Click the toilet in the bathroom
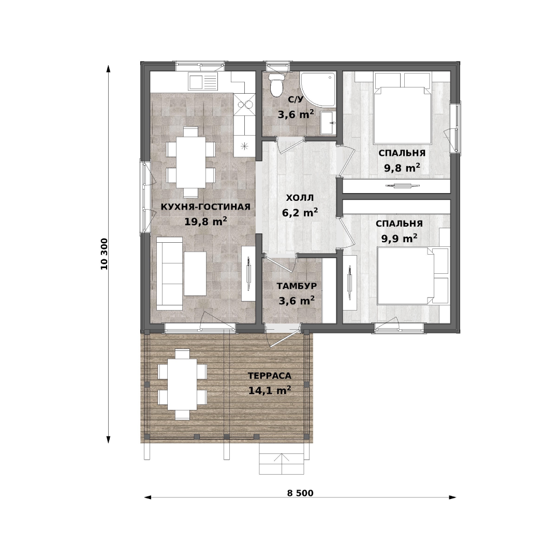275,85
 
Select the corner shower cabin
318,90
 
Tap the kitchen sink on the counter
203,82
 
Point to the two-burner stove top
244,105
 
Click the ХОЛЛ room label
300,198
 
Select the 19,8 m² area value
205,222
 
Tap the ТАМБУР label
297,286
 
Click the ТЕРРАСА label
270,376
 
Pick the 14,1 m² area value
270,390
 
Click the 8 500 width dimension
300,493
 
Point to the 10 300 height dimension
104,254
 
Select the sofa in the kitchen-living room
170,273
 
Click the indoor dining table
190,162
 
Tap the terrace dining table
183,384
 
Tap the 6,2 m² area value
300,213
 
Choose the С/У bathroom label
296,99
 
